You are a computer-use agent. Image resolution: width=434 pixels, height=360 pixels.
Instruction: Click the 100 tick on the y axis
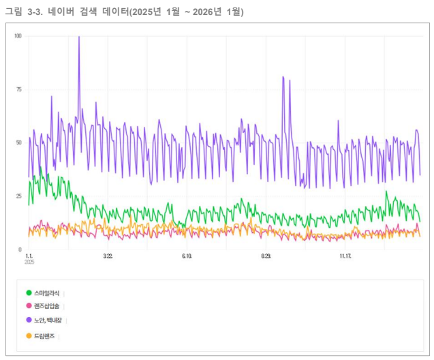pyautogui.click(x=18, y=36)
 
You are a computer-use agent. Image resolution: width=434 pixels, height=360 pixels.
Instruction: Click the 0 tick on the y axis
pyautogui.click(x=20, y=250)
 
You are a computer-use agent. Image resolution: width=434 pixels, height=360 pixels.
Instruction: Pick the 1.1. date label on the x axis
pyautogui.click(x=29, y=256)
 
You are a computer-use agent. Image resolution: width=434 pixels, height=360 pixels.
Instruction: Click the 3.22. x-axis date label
pyautogui.click(x=108, y=256)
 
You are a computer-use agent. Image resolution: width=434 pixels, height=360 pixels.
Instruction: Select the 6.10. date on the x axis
pyautogui.click(x=187, y=256)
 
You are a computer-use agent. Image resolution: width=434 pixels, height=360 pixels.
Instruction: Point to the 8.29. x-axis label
pyautogui.click(x=266, y=256)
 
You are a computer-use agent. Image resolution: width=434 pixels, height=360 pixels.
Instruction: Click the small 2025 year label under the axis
pyautogui.click(x=29, y=262)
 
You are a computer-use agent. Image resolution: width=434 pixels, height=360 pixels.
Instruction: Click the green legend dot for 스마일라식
pyautogui.click(x=29, y=292)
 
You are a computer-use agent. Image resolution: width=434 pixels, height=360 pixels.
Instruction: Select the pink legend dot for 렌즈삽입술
pyautogui.click(x=29, y=305)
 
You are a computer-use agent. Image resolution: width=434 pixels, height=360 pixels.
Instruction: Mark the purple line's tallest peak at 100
pyautogui.click(x=79, y=37)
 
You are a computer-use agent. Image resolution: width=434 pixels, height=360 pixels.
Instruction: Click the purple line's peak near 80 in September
pyautogui.click(x=283, y=77)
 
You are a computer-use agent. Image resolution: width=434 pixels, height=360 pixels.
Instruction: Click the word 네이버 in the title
pyautogui.click(x=61, y=12)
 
